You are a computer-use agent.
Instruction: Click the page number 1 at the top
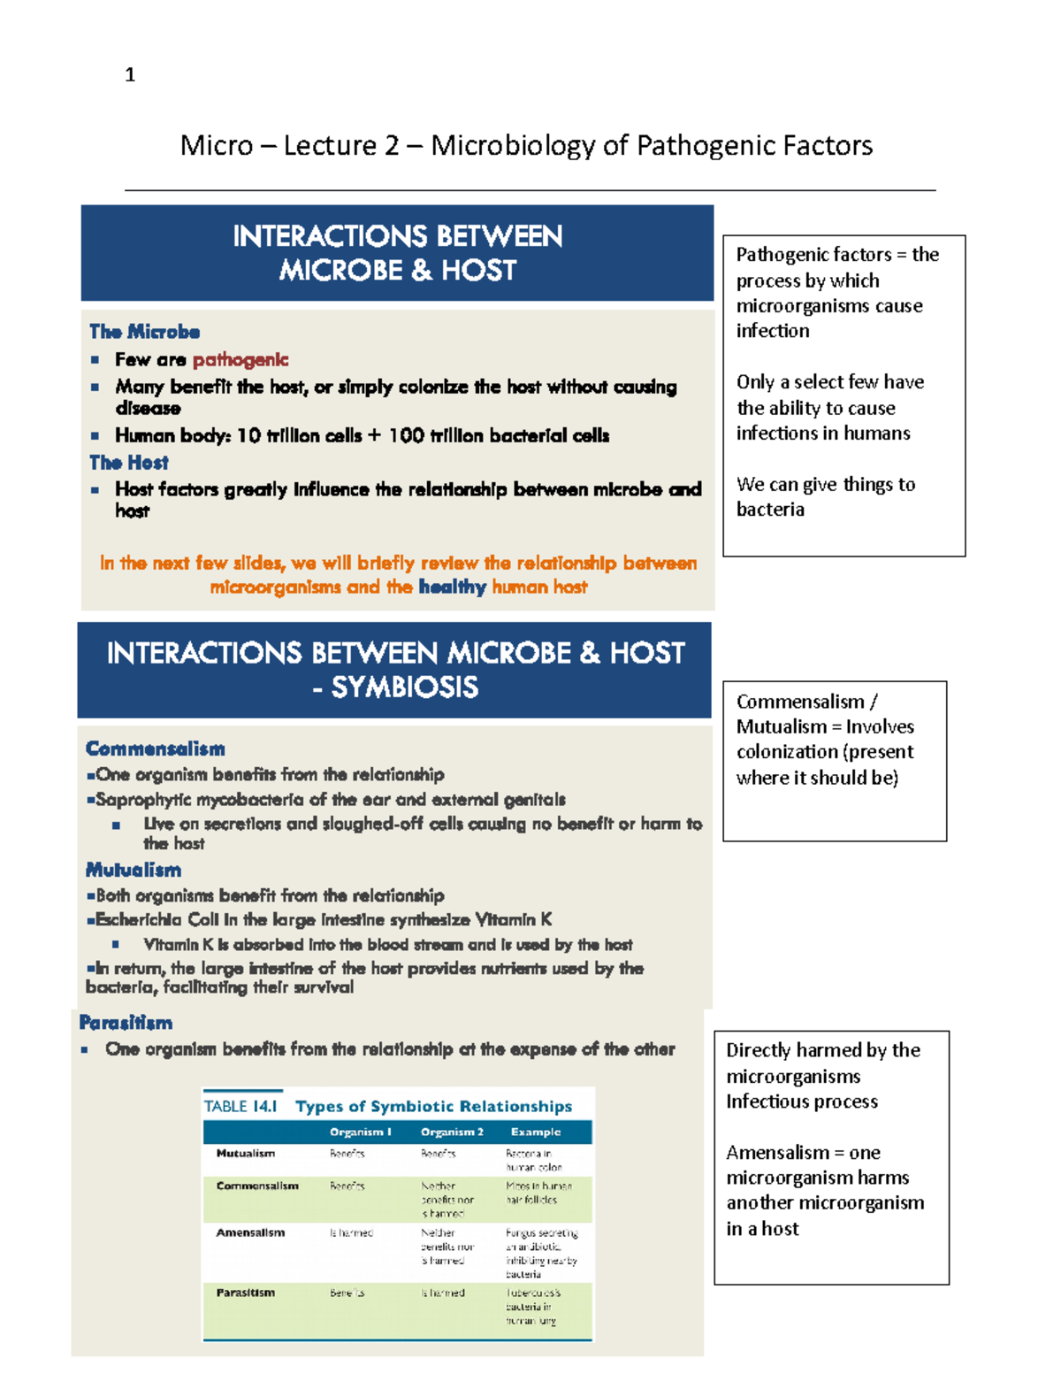coord(130,75)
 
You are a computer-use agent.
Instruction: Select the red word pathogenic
coord(240,360)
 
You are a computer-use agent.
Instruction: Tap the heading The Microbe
coord(144,332)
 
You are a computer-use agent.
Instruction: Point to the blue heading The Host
coord(128,463)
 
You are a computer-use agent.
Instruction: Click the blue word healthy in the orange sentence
coord(452,587)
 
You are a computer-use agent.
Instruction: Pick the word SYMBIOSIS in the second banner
coord(405,687)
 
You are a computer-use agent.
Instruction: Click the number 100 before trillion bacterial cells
coord(406,435)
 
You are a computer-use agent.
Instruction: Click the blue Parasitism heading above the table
coord(126,1023)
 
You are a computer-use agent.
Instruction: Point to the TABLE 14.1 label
coord(240,1106)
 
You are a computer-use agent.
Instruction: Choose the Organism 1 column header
coord(360,1132)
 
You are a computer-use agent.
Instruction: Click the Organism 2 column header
coord(452,1132)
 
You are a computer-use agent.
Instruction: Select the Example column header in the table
coord(536,1132)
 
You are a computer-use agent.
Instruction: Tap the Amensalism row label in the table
coord(250,1232)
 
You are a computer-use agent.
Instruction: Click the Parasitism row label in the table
coord(245,1293)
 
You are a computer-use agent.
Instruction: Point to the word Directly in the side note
coord(759,1050)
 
